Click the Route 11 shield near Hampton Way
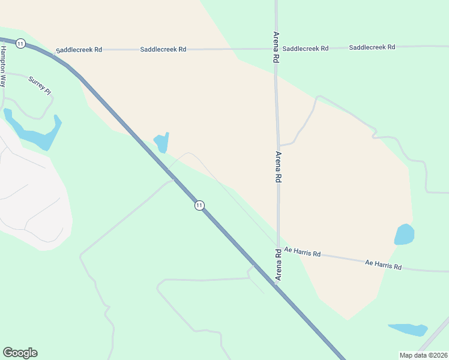21,43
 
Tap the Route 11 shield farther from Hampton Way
199,205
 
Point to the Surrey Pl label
40,86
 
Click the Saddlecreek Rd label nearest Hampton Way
78,50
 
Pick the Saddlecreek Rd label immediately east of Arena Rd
306,48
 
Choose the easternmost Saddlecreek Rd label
372,47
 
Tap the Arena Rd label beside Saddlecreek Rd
276,47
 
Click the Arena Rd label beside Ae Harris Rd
279,265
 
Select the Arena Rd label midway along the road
278,167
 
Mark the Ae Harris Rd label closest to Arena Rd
303,252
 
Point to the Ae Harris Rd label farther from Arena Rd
383,265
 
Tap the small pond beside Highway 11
162,143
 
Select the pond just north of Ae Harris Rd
404,234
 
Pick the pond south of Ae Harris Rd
408,329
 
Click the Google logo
20,353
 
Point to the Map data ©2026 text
423,355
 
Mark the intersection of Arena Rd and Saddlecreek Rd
276,49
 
